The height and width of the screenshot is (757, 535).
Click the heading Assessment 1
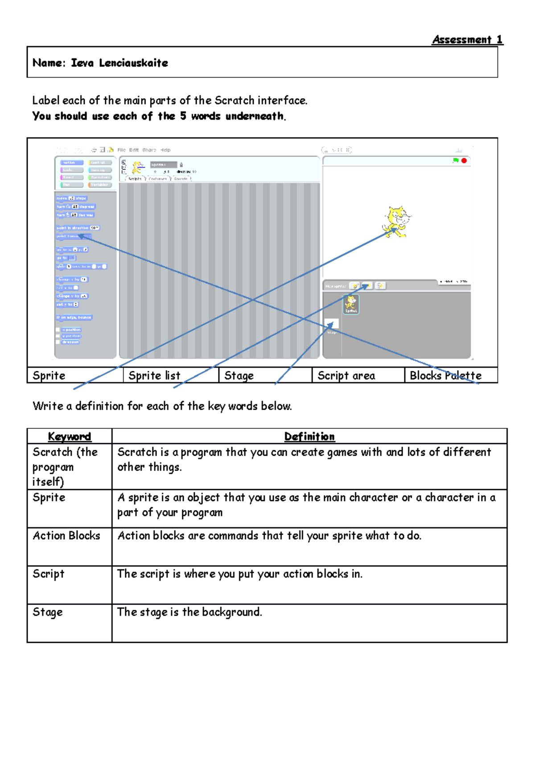[x=467, y=40]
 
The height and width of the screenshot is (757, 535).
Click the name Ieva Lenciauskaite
[x=119, y=63]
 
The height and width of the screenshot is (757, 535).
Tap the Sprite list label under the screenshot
[x=154, y=376]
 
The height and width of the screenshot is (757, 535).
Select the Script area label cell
[x=346, y=376]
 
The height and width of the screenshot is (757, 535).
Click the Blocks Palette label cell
[x=445, y=376]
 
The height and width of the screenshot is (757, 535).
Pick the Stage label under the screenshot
[x=239, y=376]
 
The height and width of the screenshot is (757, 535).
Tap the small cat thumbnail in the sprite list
[x=351, y=304]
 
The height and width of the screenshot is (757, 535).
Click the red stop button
[x=464, y=160]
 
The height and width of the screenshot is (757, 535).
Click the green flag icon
[x=456, y=160]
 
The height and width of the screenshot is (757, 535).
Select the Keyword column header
[x=69, y=436]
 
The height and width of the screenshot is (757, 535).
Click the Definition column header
[x=309, y=436]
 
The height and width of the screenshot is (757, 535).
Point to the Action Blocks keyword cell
[x=66, y=536]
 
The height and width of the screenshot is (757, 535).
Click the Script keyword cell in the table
[x=48, y=574]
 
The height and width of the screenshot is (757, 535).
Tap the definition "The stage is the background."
[x=189, y=612]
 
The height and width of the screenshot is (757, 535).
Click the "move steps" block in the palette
[x=71, y=198]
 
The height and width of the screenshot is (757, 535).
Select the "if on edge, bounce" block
[x=74, y=317]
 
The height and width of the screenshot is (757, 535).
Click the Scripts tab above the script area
[x=134, y=178]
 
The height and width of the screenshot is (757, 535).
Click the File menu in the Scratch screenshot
[x=121, y=150]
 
